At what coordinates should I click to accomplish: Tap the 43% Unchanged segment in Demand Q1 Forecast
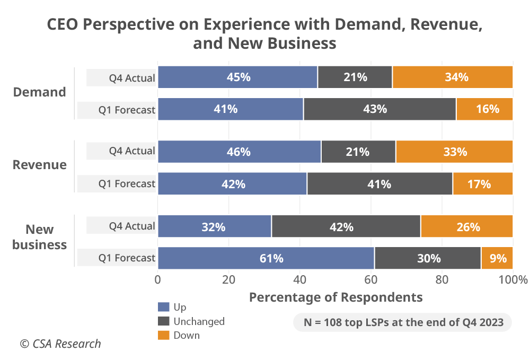379,109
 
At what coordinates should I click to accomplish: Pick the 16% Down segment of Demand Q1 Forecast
484,109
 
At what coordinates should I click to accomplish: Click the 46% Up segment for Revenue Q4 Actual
239,152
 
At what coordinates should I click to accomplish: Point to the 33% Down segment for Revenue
454,152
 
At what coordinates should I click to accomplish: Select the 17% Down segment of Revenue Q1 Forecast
482,184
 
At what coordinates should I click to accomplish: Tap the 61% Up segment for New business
266,258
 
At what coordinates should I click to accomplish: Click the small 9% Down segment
497,258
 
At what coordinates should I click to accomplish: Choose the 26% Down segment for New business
466,227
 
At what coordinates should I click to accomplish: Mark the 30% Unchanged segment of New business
428,258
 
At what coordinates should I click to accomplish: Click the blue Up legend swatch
164,307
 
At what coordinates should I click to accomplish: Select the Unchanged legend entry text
199,321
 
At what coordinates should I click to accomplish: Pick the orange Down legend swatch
164,335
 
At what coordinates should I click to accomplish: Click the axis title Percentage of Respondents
335,297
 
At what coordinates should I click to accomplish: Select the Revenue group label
40,165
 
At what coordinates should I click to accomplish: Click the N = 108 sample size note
402,322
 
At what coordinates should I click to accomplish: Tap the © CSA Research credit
60,344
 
